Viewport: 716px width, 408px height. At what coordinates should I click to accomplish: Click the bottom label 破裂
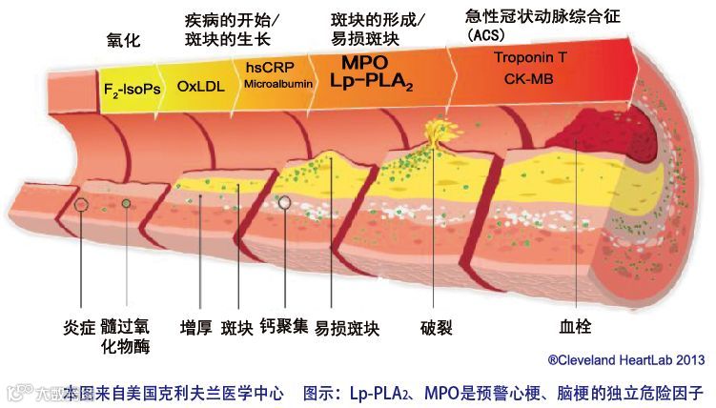coord(436,328)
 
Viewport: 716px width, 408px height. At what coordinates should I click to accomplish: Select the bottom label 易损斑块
coord(348,328)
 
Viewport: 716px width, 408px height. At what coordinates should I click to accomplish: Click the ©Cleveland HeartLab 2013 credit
coord(625,359)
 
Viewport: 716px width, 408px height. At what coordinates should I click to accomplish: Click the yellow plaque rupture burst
coord(440,133)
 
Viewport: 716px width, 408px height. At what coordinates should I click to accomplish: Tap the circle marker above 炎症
coord(84,204)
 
